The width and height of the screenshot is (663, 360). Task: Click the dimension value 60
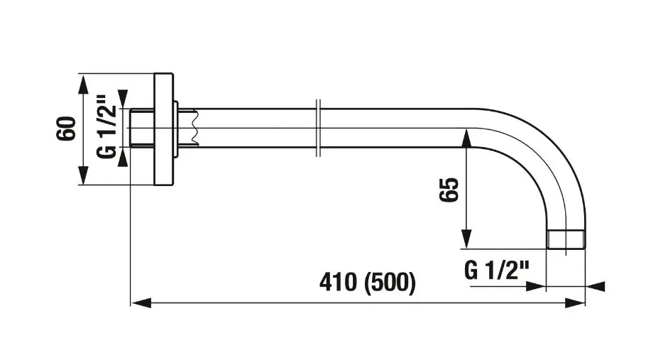(x=67, y=129)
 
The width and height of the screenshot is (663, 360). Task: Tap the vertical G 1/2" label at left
(x=106, y=126)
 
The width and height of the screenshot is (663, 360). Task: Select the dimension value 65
(x=449, y=190)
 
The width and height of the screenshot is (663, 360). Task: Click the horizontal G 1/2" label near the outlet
(x=497, y=270)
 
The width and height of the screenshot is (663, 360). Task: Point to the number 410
(x=338, y=282)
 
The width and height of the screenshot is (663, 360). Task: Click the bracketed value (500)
(x=390, y=283)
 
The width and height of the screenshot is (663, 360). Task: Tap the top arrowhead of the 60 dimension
(x=84, y=84)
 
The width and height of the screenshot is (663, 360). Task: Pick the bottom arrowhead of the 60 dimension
(x=84, y=175)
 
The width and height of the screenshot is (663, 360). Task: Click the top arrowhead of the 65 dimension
(x=466, y=138)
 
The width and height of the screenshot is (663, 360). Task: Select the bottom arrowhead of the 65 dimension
(x=466, y=239)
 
